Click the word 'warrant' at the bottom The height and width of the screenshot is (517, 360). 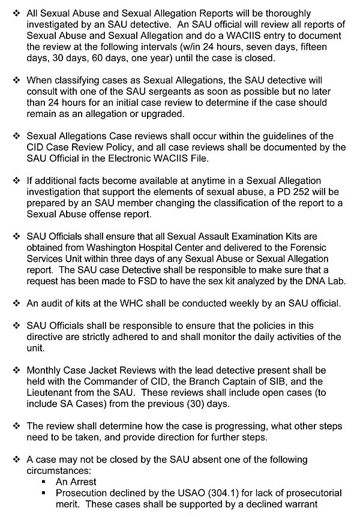click(x=325, y=504)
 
